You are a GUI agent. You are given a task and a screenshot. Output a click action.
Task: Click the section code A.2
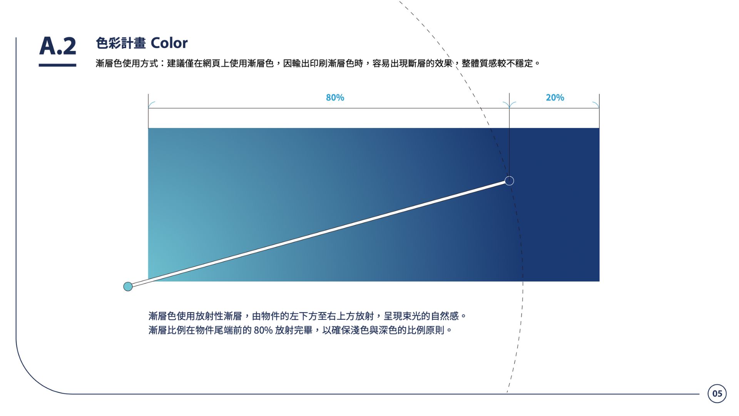click(x=58, y=46)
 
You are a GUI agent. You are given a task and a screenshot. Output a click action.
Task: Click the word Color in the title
click(x=169, y=43)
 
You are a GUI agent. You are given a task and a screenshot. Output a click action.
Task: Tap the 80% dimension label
click(x=335, y=98)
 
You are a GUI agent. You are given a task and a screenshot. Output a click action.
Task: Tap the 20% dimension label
click(x=555, y=98)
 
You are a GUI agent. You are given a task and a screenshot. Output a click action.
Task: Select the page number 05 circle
click(x=717, y=393)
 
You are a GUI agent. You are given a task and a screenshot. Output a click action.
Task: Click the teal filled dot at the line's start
click(x=128, y=286)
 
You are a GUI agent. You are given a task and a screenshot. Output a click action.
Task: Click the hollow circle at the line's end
click(x=509, y=181)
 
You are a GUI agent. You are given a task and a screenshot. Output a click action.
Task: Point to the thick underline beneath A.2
click(x=57, y=65)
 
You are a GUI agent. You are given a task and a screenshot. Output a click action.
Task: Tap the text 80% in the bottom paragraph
click(x=263, y=330)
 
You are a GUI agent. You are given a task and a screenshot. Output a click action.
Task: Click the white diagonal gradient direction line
click(x=319, y=233)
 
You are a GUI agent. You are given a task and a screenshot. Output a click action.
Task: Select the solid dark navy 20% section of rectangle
click(x=554, y=205)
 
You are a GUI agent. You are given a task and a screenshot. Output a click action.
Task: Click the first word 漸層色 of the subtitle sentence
click(x=109, y=63)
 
